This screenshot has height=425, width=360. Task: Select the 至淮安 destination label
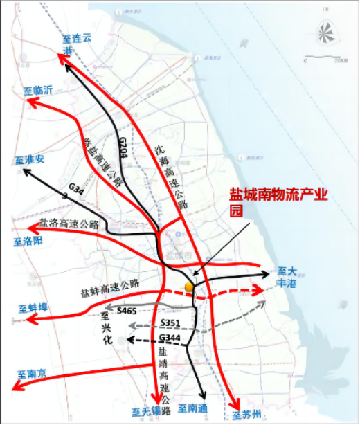pyautogui.click(x=29, y=160)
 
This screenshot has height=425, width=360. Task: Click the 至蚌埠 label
pyautogui.click(x=33, y=308)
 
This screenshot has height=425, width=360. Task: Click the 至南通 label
pyautogui.click(x=192, y=409)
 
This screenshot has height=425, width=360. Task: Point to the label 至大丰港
pyautogui.click(x=287, y=278)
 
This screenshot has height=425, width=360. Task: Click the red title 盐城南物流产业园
pyautogui.click(x=277, y=204)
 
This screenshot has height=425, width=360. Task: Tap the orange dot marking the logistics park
pyautogui.click(x=188, y=287)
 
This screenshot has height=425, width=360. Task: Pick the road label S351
pyautogui.click(x=170, y=323)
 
